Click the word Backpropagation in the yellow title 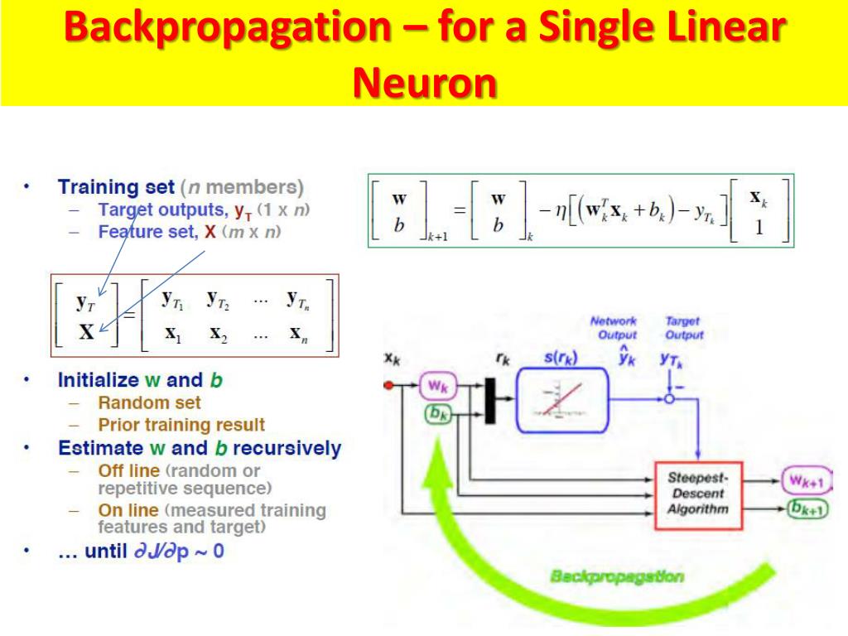(x=227, y=28)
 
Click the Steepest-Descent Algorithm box (x=698, y=494)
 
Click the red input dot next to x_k (x=388, y=385)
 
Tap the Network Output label (x=614, y=328)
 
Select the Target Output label (x=683, y=328)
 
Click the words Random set (x=149, y=403)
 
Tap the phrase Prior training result (x=181, y=426)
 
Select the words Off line (x=128, y=471)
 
